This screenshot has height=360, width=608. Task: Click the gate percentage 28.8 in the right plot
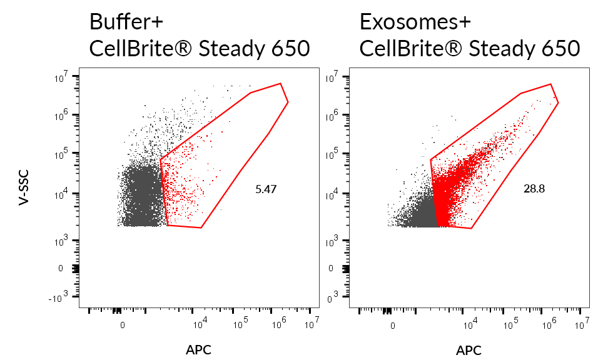(x=534, y=187)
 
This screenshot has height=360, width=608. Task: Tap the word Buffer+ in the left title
(x=126, y=22)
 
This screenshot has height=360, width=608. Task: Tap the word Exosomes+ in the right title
(x=406, y=22)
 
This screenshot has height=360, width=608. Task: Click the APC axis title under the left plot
(x=198, y=350)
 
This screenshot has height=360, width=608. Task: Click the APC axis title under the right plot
(x=469, y=350)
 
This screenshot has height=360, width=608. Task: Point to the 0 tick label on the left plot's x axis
(x=123, y=324)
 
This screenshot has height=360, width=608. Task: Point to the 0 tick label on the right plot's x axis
(x=392, y=324)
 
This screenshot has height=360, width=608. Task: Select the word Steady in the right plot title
(x=500, y=49)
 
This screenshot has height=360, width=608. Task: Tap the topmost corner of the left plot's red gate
(x=280, y=83)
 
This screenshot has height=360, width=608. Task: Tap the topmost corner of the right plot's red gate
(x=550, y=84)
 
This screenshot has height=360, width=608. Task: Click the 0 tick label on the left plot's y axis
(x=61, y=268)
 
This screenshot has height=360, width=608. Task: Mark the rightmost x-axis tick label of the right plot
(x=581, y=324)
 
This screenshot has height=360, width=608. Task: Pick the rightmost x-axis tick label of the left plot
(x=311, y=324)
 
